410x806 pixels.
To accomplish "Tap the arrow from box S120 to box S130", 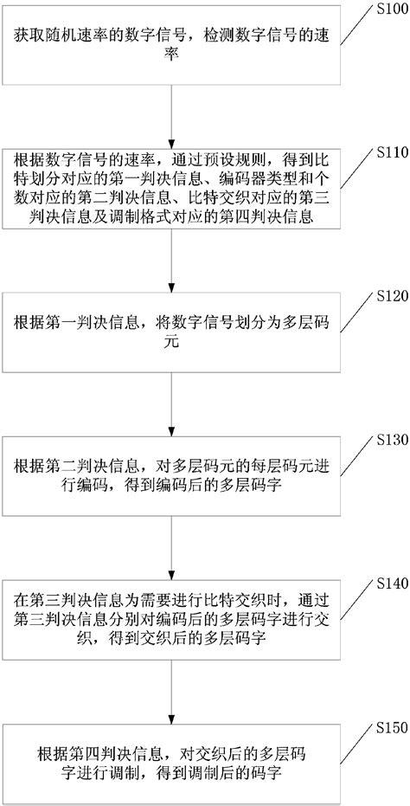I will [175, 406].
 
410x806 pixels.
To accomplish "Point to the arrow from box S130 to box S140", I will [175, 548].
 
